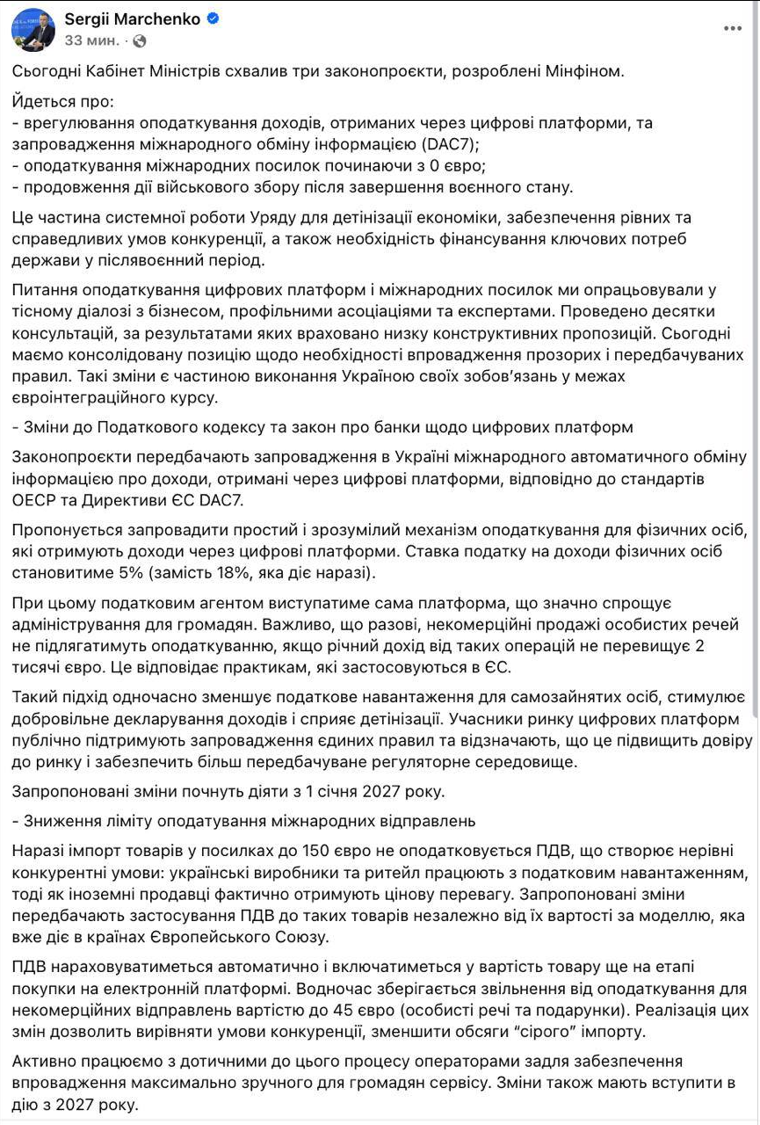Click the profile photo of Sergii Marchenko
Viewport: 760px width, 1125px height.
click(32, 31)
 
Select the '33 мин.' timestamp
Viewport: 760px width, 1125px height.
click(92, 40)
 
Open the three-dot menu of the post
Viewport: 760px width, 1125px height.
click(732, 28)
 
